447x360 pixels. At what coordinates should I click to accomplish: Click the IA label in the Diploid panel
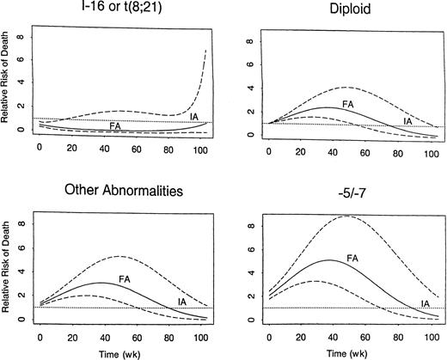click(x=408, y=122)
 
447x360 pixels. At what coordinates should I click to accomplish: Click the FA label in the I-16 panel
click(x=115, y=125)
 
